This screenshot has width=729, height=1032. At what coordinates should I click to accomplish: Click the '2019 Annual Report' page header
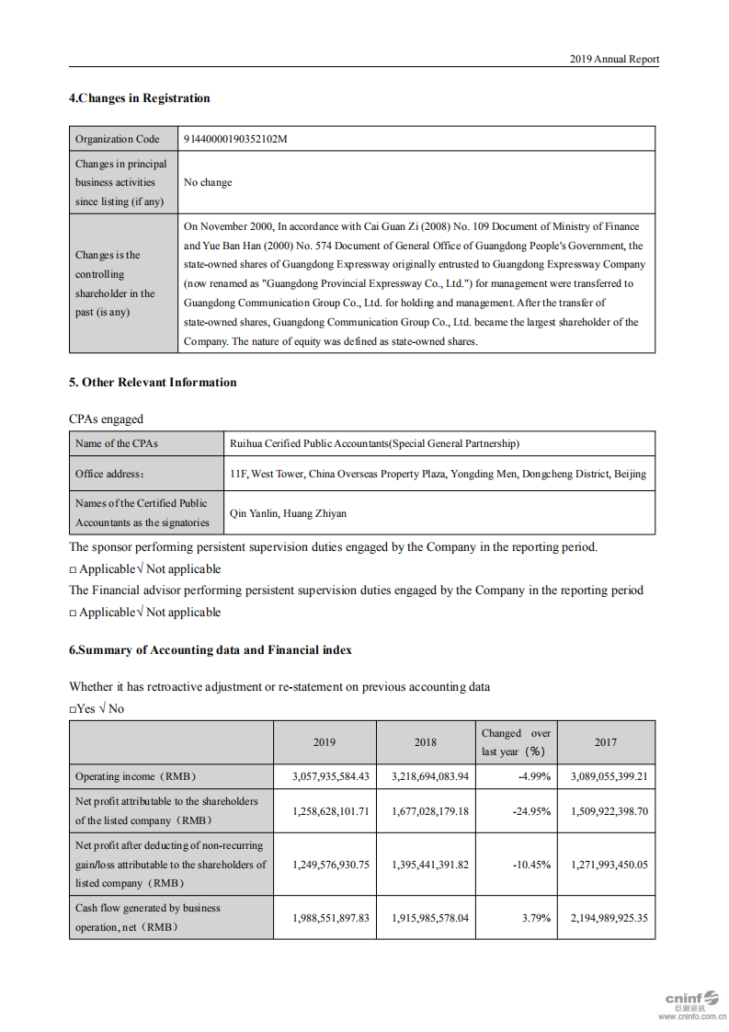(613, 59)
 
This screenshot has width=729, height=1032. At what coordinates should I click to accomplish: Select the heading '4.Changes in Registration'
(139, 98)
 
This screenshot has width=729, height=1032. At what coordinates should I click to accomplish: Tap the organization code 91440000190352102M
(235, 139)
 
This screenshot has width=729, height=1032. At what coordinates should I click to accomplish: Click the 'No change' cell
(208, 182)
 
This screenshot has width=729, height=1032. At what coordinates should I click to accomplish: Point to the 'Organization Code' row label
(117, 139)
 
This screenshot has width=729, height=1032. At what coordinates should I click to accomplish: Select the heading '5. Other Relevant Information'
(153, 383)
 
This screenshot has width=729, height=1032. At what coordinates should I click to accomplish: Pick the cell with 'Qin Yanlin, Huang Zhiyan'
(288, 513)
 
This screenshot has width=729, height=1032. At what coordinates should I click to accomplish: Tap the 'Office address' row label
(109, 474)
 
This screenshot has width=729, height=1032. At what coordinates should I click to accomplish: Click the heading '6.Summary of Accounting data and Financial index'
(210, 650)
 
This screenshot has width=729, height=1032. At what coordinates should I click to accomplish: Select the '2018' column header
(425, 742)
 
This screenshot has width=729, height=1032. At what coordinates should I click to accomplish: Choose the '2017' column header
(605, 742)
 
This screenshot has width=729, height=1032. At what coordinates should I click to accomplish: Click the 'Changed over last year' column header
(516, 742)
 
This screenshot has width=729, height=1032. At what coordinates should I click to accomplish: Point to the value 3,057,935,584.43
(331, 776)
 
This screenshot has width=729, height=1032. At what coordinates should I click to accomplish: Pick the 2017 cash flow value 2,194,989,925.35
(609, 918)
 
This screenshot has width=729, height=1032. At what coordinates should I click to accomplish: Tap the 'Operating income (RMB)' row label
(136, 776)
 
